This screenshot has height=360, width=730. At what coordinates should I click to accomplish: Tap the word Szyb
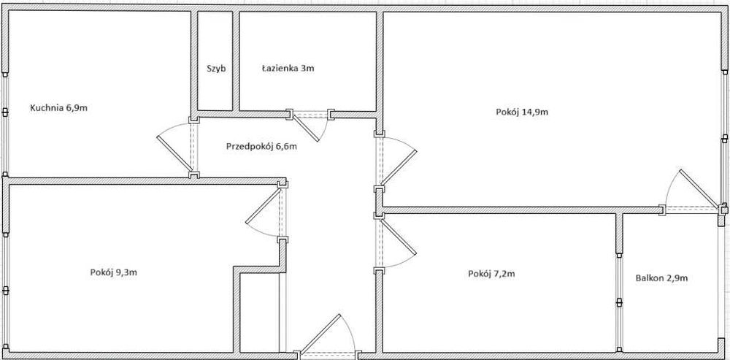[x=215, y=69]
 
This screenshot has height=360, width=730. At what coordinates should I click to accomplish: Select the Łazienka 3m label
[x=288, y=69]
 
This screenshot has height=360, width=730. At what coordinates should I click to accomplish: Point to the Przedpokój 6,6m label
[x=261, y=146]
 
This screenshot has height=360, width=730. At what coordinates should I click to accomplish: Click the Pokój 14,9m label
[x=521, y=112]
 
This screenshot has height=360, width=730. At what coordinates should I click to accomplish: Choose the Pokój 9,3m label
[x=114, y=272]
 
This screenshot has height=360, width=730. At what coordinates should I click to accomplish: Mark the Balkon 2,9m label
[x=662, y=277]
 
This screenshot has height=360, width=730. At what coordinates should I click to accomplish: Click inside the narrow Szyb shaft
[x=215, y=88]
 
